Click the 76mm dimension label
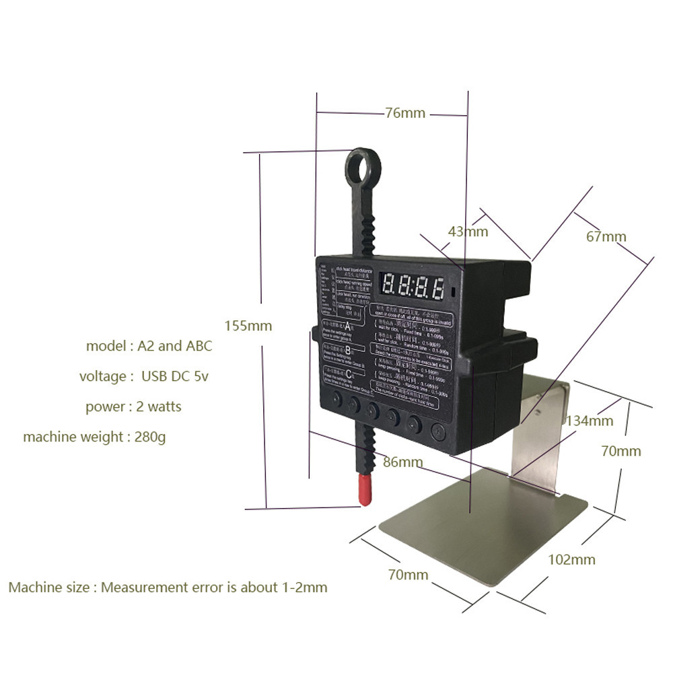point(405,113)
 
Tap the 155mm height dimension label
point(248,326)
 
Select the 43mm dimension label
point(468,232)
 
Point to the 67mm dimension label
point(605,236)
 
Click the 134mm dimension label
point(590,421)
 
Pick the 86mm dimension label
point(402,462)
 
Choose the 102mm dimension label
point(571,559)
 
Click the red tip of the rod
point(365,489)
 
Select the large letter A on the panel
point(347,327)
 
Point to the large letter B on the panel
point(347,351)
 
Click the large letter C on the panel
point(347,375)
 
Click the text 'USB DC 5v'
point(174,376)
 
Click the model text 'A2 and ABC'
point(174,346)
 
